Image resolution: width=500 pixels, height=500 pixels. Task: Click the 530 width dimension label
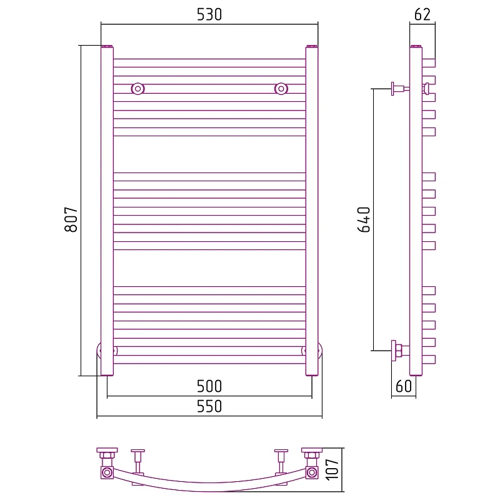click(x=209, y=14)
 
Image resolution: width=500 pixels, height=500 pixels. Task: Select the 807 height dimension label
click(x=71, y=219)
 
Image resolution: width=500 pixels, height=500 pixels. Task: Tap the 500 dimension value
click(x=209, y=386)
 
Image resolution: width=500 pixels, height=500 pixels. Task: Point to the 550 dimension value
click(x=209, y=406)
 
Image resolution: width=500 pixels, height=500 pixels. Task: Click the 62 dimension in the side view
click(x=422, y=14)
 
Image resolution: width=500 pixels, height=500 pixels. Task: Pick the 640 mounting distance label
click(x=364, y=219)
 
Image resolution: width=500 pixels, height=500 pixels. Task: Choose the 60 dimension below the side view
click(x=404, y=386)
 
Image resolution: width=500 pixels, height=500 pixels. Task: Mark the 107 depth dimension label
click(x=332, y=469)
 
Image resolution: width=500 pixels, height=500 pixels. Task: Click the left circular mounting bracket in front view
click(x=137, y=89)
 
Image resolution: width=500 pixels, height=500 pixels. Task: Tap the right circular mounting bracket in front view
click(x=281, y=89)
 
